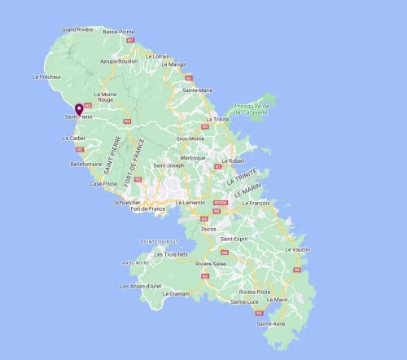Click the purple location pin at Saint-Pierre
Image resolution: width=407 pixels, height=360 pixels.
click(x=79, y=110)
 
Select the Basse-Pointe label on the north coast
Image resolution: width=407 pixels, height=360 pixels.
click(x=119, y=32)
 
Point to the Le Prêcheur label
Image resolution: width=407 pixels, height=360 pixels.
click(x=46, y=77)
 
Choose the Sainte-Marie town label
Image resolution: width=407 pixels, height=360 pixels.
click(x=198, y=90)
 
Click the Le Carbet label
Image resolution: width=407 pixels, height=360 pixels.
click(x=73, y=138)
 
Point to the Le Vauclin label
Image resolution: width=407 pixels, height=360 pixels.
click(x=300, y=249)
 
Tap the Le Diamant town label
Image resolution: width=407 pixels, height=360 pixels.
click(x=177, y=293)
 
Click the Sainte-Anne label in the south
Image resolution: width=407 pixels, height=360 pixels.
click(x=271, y=324)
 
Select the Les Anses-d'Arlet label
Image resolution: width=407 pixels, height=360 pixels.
click(x=141, y=286)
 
